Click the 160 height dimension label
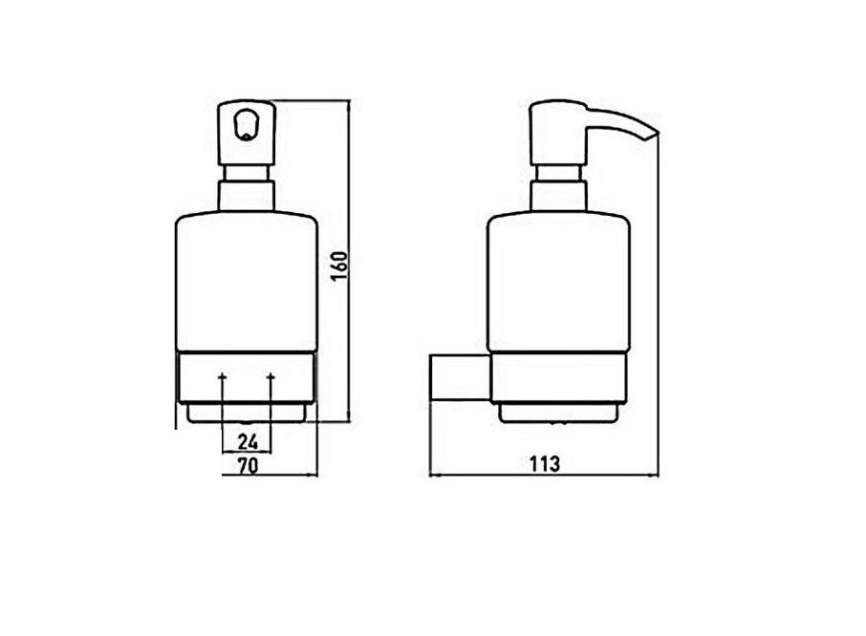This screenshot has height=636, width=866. pyautogui.click(x=340, y=265)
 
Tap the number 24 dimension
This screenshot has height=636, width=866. pyautogui.click(x=248, y=441)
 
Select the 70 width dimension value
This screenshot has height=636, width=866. pyautogui.click(x=248, y=466)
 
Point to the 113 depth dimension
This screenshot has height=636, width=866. pyautogui.click(x=545, y=464)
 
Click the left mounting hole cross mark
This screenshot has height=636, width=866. pyautogui.click(x=222, y=377)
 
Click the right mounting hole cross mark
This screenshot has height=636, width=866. pyautogui.click(x=271, y=377)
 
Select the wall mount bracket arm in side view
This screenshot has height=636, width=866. pyautogui.click(x=460, y=379)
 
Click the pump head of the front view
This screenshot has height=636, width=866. pyautogui.click(x=247, y=133)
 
